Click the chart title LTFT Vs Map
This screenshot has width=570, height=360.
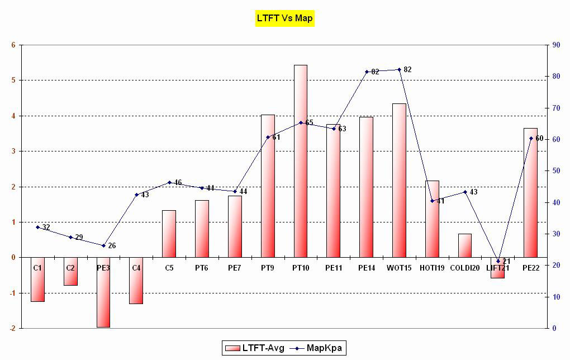[x=285, y=18]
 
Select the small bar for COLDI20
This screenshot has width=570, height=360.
[x=465, y=245]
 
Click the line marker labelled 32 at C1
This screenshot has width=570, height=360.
[x=37, y=227]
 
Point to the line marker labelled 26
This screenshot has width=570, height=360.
[x=103, y=245]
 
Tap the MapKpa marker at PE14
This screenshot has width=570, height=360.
[x=367, y=72]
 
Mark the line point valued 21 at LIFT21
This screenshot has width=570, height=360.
[x=498, y=261]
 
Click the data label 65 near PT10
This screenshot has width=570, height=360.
[x=309, y=122]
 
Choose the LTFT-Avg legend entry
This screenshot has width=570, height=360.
[x=255, y=348]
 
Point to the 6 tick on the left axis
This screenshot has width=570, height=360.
[x=13, y=45]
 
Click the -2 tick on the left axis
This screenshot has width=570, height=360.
[x=12, y=328]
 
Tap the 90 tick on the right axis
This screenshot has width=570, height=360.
[x=557, y=45]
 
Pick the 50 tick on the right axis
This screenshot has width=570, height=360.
[x=557, y=171]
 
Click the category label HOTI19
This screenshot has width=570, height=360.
[x=432, y=268]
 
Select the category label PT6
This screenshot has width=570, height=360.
[x=202, y=268]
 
